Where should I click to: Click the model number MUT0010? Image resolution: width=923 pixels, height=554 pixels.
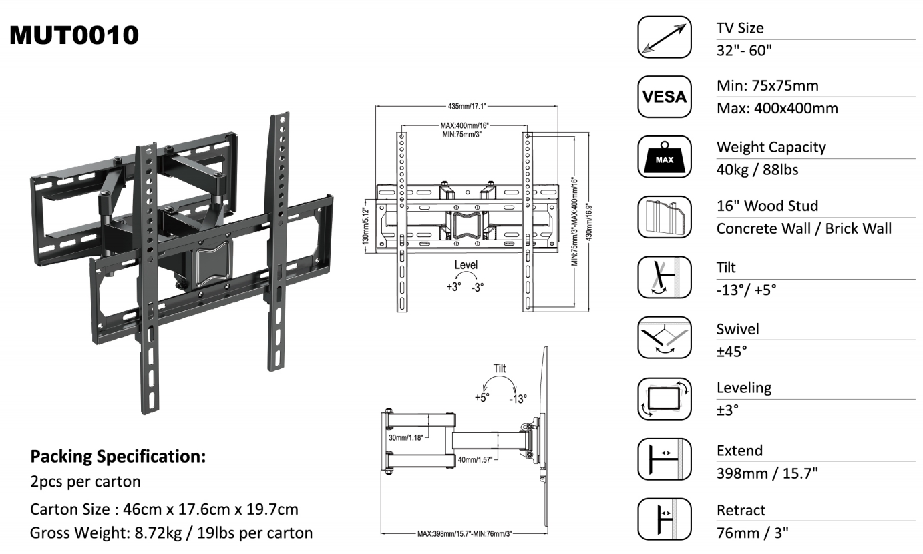point(74,35)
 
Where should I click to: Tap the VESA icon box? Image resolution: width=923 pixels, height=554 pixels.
point(665,97)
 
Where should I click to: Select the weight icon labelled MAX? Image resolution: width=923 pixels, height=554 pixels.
point(665,157)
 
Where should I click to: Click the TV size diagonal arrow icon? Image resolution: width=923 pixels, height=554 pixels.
point(665,37)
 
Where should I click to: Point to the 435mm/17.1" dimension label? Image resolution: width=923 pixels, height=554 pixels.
point(467,106)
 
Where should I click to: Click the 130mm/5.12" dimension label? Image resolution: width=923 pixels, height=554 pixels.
point(365,226)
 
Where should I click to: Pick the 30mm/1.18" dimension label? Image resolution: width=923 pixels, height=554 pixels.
point(406,437)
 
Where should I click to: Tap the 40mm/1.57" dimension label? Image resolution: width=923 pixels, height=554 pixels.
point(475,460)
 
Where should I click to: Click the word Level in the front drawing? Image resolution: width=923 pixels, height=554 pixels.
point(466,265)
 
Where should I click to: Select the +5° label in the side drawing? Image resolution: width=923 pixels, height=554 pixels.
point(482,398)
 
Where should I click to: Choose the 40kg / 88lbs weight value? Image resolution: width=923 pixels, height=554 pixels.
point(757,170)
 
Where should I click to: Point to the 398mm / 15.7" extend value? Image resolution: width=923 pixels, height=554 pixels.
point(767,473)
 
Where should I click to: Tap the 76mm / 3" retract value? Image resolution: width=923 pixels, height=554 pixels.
point(752,533)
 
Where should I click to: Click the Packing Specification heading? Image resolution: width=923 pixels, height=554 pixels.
point(118,457)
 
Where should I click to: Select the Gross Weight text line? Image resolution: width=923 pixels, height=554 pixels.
point(172,533)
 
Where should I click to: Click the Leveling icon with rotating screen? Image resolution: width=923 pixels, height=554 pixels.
point(665,398)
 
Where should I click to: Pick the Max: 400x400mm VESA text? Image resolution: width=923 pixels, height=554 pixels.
point(777,108)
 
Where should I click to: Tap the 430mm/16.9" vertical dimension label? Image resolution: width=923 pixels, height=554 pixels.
point(589,222)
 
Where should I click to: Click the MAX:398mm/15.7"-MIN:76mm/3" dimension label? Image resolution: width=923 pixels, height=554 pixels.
point(464,534)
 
